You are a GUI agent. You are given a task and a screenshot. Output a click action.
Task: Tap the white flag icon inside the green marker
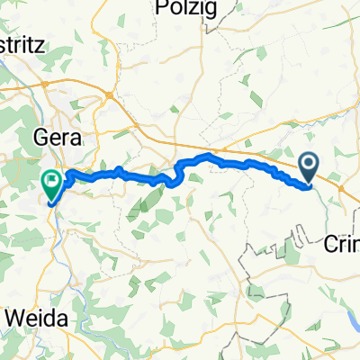point(51,180)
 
